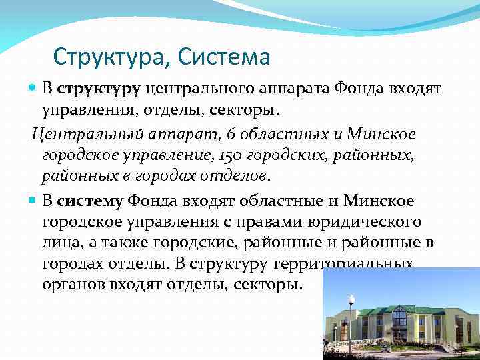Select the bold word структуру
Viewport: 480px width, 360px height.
(98, 88)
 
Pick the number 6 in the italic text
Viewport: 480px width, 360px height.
(231, 135)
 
